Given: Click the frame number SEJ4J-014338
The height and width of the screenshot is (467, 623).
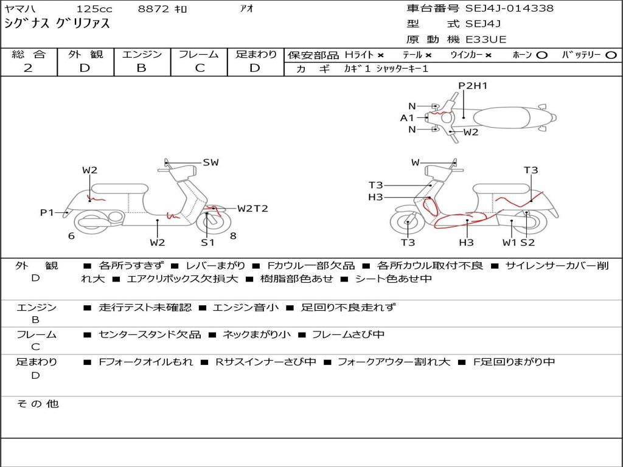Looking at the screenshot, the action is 509,9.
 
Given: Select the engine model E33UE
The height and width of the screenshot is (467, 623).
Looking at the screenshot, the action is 486,40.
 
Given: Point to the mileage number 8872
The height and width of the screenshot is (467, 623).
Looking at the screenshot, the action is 153,9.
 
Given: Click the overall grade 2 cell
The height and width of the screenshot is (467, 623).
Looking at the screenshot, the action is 28,68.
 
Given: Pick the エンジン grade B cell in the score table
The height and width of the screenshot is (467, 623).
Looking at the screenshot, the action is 141,68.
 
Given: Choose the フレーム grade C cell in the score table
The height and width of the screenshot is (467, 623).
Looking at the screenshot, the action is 200,68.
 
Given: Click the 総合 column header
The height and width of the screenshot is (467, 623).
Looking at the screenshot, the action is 28,55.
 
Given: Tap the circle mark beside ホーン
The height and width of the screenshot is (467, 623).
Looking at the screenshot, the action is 541,55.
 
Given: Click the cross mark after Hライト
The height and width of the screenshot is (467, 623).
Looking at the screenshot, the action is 380,55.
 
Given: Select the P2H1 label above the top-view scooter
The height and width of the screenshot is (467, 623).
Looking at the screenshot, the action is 473,86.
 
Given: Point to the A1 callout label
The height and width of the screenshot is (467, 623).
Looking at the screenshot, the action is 407,118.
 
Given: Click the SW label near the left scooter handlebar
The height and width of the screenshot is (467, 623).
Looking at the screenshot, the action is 211,162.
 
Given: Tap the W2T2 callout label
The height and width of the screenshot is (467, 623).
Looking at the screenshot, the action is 252,209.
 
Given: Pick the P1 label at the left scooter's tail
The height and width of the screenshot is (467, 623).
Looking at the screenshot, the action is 47,212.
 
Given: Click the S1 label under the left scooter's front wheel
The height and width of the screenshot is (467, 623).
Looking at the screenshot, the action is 208,243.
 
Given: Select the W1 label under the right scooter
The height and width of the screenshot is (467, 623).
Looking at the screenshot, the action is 509,243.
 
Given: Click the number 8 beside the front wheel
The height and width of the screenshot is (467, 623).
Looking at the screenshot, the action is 232,236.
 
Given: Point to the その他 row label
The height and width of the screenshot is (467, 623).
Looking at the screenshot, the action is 37,404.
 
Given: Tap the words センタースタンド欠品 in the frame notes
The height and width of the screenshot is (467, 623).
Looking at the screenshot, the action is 150,334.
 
